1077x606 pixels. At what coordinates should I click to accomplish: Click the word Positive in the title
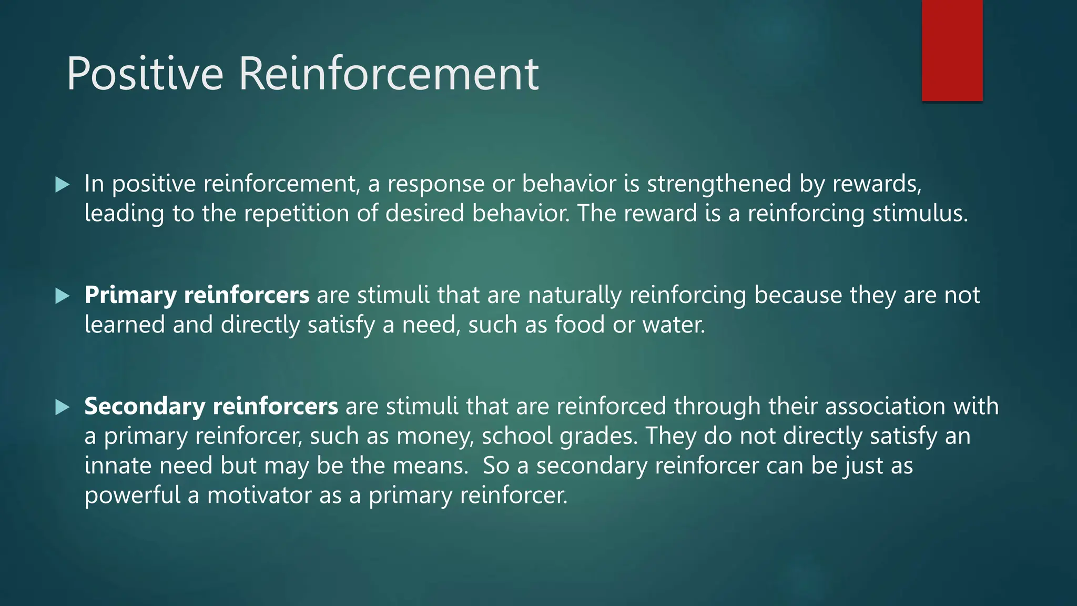click(x=145, y=74)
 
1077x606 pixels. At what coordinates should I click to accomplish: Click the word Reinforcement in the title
click(x=389, y=74)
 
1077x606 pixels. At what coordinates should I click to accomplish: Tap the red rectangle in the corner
click(x=952, y=50)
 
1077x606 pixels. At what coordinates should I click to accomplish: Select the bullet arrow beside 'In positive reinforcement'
click(x=62, y=184)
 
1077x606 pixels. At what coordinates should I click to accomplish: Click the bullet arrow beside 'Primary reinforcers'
click(x=62, y=296)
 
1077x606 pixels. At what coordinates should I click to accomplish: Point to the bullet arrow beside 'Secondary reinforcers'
click(x=62, y=407)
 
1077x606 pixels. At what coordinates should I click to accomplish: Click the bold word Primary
click(x=130, y=296)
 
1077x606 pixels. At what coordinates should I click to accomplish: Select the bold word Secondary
click(x=145, y=407)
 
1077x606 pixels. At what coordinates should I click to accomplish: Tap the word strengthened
click(x=719, y=184)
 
